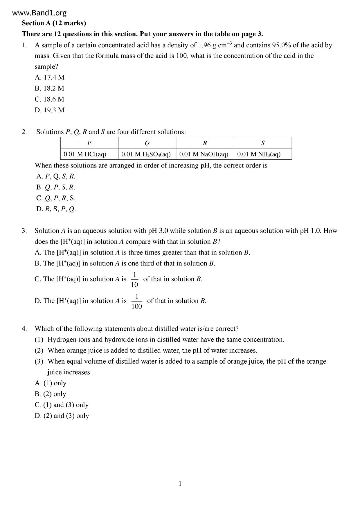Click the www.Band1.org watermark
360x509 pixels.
[x=40, y=13]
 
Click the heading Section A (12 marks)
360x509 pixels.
[x=54, y=23]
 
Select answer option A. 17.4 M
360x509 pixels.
[x=50, y=77]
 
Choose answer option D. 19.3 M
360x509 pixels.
[x=50, y=110]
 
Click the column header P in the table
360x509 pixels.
[x=89, y=143]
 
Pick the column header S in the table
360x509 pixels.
[x=263, y=143]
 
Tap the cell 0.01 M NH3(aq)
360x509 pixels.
[x=259, y=154]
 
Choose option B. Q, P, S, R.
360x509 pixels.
[x=56, y=187]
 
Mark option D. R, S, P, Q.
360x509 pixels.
[x=56, y=209]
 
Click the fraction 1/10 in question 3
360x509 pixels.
[x=134, y=279]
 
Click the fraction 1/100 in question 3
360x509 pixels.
[x=137, y=301]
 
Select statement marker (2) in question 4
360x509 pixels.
[x=39, y=351]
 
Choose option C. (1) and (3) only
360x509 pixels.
[x=62, y=405]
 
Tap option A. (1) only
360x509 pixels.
[x=51, y=383]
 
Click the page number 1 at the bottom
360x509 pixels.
[x=180, y=483]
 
